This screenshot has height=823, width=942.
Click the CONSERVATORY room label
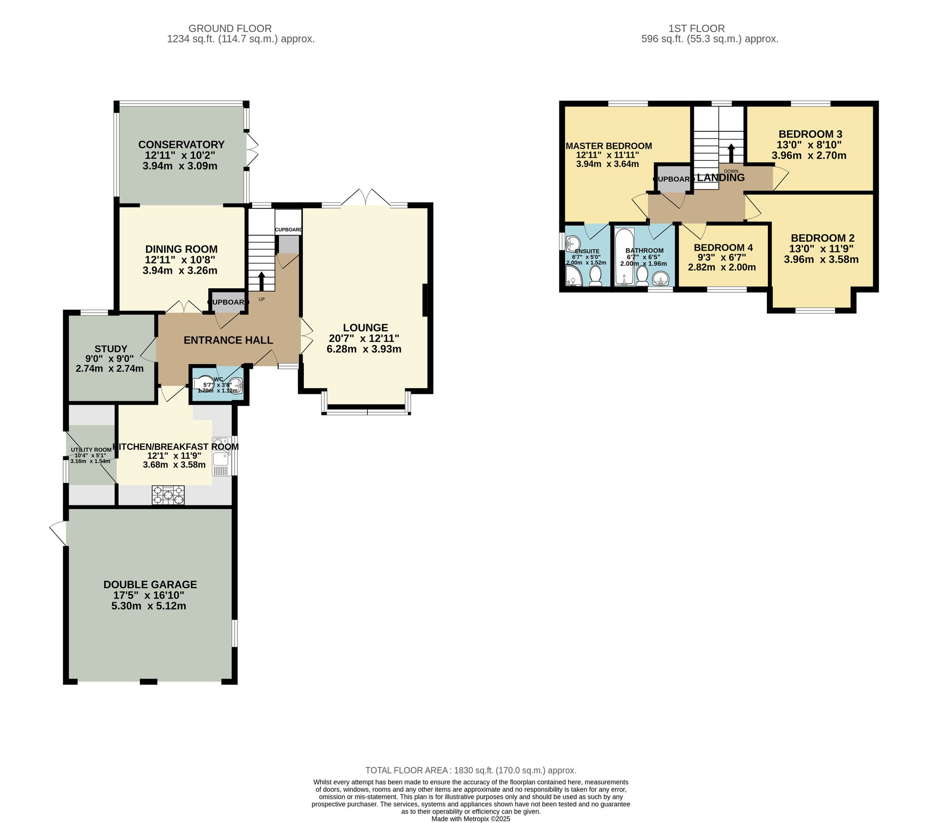point(181,145)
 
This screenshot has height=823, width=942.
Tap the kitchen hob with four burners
point(168,495)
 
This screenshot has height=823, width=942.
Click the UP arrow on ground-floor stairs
point(262,281)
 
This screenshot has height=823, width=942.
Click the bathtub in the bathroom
point(624,257)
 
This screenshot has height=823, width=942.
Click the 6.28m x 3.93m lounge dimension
point(364,349)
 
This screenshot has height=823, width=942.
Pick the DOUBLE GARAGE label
point(150,584)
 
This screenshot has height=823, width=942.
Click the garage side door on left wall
point(58,533)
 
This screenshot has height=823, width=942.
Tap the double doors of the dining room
point(183,307)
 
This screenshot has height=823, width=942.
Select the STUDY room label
point(111,349)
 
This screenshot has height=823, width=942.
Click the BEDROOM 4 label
point(723,247)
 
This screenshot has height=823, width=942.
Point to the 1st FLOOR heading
point(697,28)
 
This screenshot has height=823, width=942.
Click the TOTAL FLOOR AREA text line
point(471,770)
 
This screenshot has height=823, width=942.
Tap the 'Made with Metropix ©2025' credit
point(471,819)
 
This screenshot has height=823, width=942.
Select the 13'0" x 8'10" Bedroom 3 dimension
point(809,145)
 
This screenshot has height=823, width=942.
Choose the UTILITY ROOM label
point(91,449)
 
